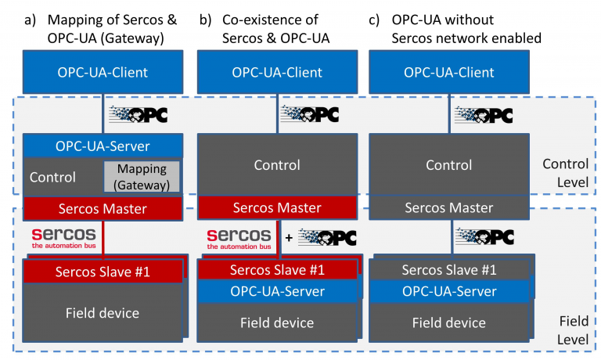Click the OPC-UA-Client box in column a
coord(103,73)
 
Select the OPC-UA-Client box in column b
coord(277,73)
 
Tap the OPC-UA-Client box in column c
coord(448,73)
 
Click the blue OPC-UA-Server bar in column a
coord(103,146)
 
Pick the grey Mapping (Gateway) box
coord(142,177)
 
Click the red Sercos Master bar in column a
coord(103,208)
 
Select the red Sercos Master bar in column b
coord(277,208)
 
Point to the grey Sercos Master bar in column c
coord(448,208)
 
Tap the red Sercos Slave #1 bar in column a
coord(103,272)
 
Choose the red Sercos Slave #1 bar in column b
coord(277,270)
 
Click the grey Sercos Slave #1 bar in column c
coord(448,270)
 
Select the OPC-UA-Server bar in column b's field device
coord(277,291)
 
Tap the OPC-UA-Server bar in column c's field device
coord(448,291)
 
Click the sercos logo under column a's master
coord(64,237)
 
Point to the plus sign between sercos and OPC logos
coord(289,238)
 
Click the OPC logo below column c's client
coord(484,114)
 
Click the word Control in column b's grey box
coord(277,165)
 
